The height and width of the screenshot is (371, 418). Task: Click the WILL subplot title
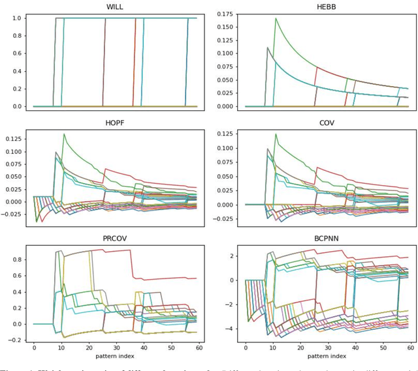(x=115, y=7)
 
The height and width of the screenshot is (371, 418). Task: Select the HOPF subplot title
(x=115, y=123)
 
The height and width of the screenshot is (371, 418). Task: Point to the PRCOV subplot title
(x=115, y=239)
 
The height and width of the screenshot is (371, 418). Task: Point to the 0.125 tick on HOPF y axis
(x=13, y=139)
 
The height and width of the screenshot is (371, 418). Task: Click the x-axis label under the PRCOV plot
(x=115, y=356)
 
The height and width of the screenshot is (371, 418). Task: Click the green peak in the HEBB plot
(x=276, y=19)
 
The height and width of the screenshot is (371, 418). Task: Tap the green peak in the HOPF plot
(x=64, y=134)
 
